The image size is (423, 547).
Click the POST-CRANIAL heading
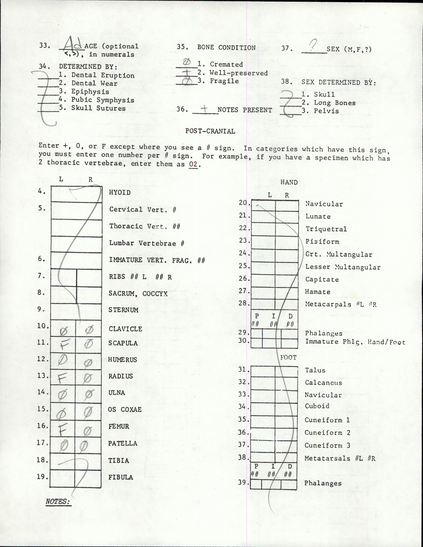[210, 131]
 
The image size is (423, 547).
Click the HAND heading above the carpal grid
[289, 182]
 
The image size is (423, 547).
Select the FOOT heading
[288, 358]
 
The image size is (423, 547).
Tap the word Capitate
[322, 280]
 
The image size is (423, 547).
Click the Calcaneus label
[323, 383]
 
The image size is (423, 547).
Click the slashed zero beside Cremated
[187, 62]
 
